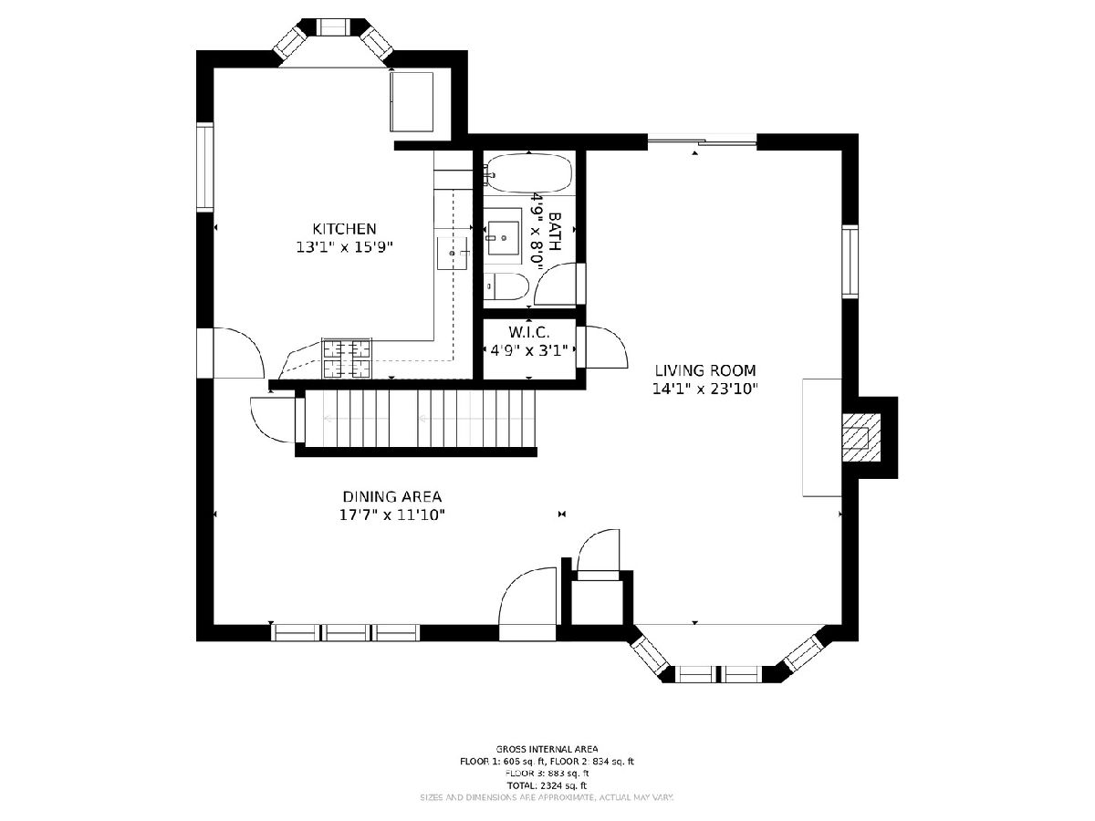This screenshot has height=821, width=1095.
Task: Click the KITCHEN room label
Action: click(x=344, y=229)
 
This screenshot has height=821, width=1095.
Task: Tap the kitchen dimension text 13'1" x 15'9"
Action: click(x=345, y=246)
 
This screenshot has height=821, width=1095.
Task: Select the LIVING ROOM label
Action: click(x=705, y=370)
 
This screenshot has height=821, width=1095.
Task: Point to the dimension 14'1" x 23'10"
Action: click(x=705, y=389)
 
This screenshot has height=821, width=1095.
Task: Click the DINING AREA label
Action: click(x=392, y=496)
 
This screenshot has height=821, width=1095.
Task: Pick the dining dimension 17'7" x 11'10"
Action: click(x=392, y=514)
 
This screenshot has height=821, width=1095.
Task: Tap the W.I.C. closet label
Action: click(x=528, y=332)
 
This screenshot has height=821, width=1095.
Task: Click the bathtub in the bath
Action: click(x=528, y=173)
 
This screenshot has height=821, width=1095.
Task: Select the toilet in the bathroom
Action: click(x=506, y=286)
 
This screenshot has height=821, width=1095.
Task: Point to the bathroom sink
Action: click(x=504, y=238)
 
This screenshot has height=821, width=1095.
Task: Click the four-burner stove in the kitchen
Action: click(x=348, y=358)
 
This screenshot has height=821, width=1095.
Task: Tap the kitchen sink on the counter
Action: click(x=453, y=254)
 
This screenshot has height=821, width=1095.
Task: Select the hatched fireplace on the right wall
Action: click(x=862, y=438)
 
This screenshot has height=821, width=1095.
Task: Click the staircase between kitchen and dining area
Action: click(x=420, y=419)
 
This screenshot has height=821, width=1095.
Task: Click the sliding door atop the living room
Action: click(x=702, y=142)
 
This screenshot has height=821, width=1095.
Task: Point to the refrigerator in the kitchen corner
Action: click(x=412, y=101)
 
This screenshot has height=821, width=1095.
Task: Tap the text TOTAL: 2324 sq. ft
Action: click(x=547, y=785)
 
